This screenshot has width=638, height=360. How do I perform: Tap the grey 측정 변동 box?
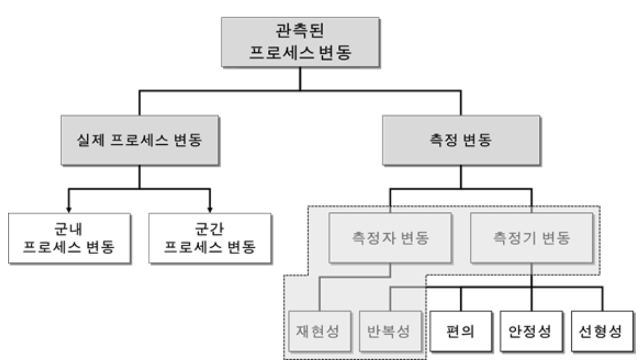coord(460,141)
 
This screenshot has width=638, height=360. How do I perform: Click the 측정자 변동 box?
coord(391,237)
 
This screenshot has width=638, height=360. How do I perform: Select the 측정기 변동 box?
coord(531,237)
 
